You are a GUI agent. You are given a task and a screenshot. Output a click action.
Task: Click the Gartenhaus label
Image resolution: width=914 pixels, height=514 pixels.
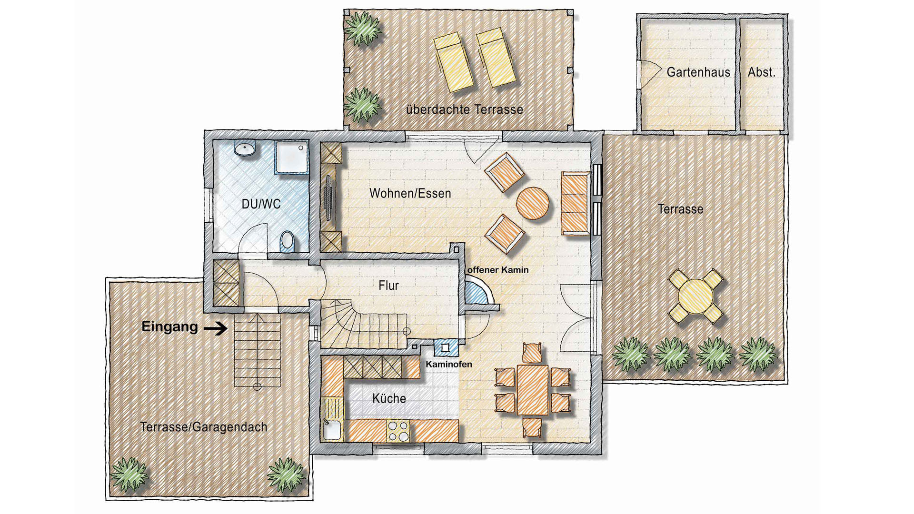[x=698, y=72]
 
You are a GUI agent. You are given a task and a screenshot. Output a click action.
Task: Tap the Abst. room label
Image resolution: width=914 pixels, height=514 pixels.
[x=761, y=72]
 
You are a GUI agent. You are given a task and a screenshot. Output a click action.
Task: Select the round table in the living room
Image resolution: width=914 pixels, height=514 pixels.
[x=533, y=203]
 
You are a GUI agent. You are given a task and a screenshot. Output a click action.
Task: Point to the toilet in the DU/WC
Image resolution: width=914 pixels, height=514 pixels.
[x=287, y=241]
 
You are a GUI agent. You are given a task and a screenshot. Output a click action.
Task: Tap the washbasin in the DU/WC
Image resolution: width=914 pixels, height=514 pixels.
[x=245, y=148]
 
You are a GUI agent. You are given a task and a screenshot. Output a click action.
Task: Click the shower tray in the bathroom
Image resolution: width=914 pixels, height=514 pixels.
[x=292, y=157]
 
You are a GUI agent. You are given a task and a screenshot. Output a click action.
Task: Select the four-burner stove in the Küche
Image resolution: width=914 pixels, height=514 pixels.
[x=398, y=431]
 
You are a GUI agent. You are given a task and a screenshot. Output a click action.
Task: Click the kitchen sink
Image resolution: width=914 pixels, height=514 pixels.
[x=331, y=430]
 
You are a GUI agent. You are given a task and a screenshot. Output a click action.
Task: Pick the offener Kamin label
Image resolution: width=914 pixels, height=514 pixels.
[x=497, y=270]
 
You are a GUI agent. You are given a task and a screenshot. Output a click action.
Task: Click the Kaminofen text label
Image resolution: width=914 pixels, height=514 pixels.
[x=448, y=365]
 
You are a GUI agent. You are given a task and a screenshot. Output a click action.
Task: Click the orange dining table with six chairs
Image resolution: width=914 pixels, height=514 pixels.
[x=532, y=390]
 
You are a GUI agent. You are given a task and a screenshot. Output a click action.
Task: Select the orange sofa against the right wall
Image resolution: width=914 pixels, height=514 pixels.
[x=575, y=203]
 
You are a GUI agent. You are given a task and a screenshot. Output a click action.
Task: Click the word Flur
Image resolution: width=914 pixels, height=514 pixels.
[x=388, y=286]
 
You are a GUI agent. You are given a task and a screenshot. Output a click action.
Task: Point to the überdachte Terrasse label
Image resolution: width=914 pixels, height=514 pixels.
[x=464, y=109]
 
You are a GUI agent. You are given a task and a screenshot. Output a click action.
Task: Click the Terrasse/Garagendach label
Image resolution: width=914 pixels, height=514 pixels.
[x=203, y=427]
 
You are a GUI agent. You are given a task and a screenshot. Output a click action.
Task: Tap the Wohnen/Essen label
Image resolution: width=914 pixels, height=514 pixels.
[x=410, y=193]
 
